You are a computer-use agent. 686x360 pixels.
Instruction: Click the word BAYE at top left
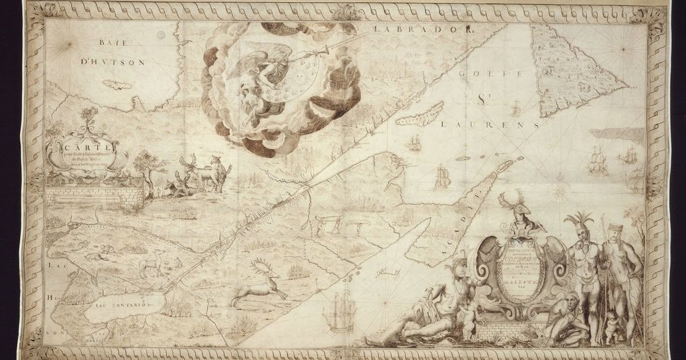click(111, 42)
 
